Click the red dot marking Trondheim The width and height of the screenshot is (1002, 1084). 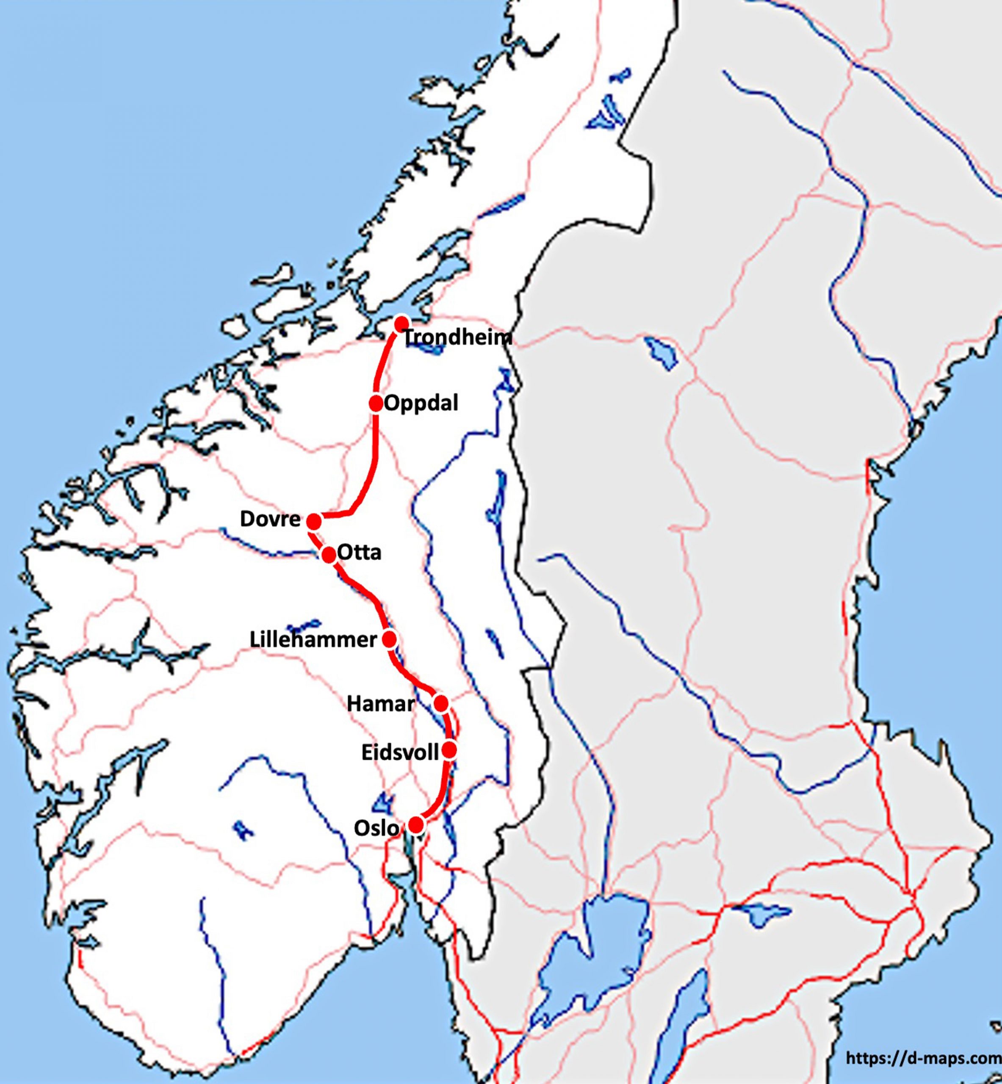pyautogui.click(x=401, y=324)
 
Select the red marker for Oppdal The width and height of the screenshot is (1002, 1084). pyautogui.click(x=376, y=403)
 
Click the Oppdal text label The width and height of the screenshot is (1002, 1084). pyautogui.click(x=421, y=403)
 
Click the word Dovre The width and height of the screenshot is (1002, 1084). pyautogui.click(x=270, y=519)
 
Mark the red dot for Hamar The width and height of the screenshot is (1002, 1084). pyautogui.click(x=441, y=703)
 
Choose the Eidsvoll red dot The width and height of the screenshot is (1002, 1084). pyautogui.click(x=449, y=751)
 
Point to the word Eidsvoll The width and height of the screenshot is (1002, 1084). pyautogui.click(x=400, y=753)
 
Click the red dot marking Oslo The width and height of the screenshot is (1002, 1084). pyautogui.click(x=416, y=825)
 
